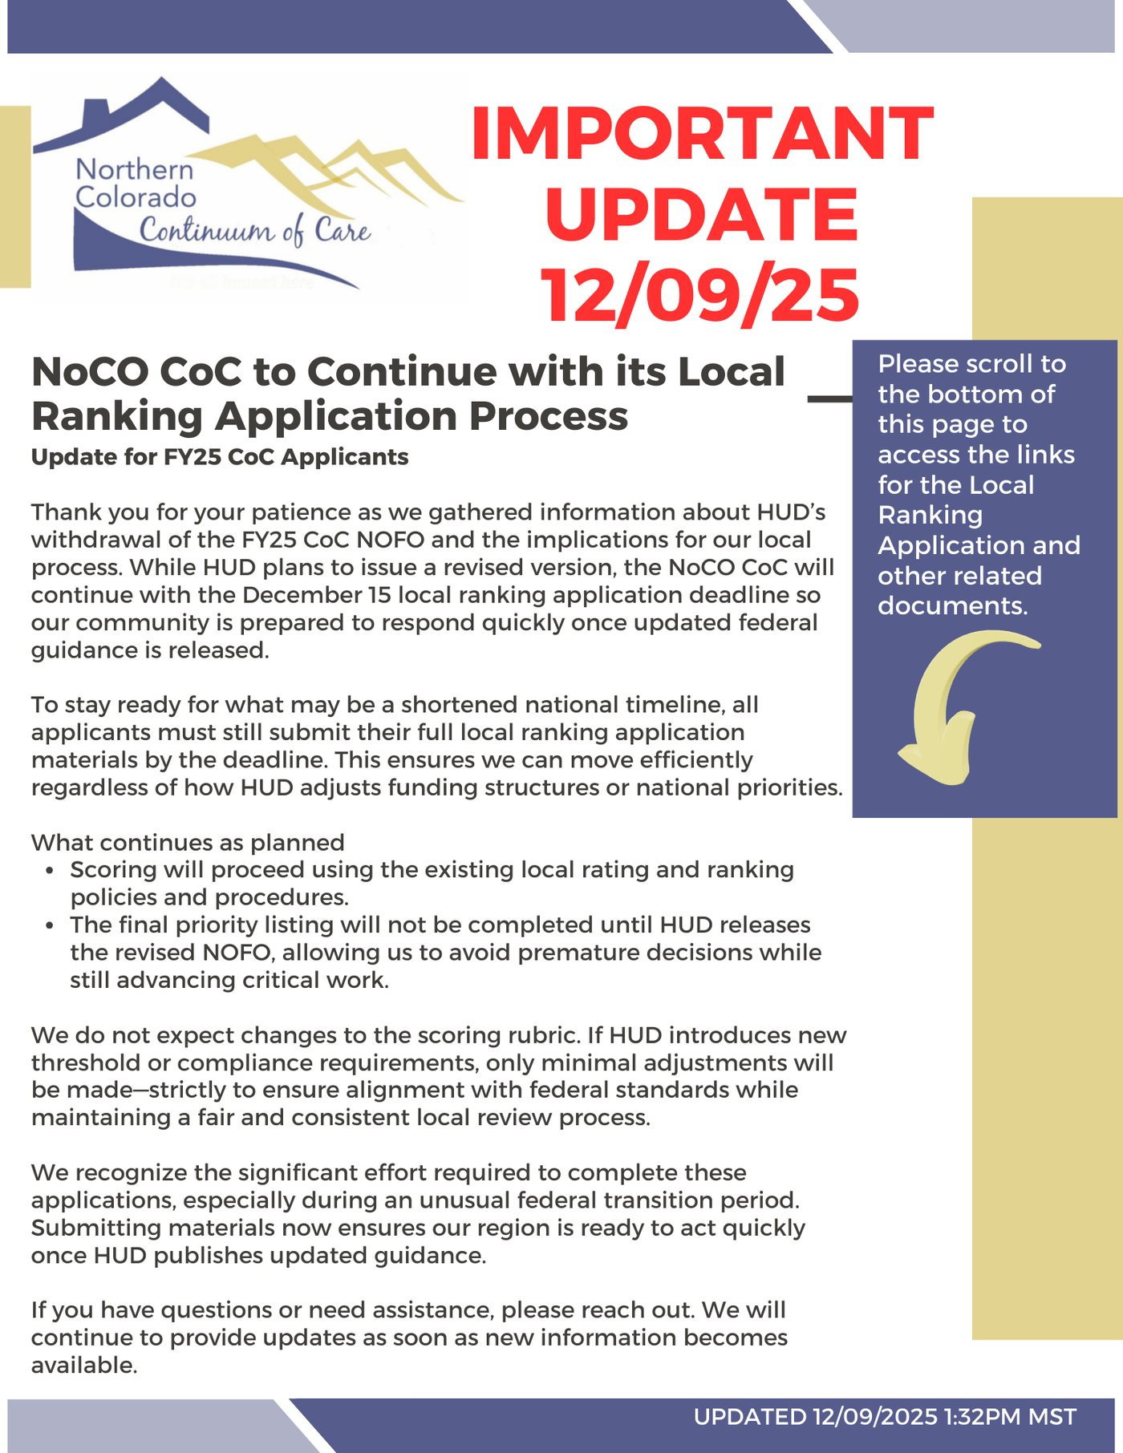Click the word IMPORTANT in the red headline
[702, 134]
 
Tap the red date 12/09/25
[700, 295]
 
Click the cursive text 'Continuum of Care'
[255, 231]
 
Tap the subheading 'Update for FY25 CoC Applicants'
[220, 457]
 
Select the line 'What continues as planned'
[188, 842]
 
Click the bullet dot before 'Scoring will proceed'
[51, 871]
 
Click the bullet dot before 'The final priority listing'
[51, 926]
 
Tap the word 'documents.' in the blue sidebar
[952, 605]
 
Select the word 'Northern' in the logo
[135, 170]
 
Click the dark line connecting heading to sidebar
[829, 398]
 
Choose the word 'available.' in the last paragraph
[84, 1365]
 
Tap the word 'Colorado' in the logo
[136, 197]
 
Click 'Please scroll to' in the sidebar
[971, 364]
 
